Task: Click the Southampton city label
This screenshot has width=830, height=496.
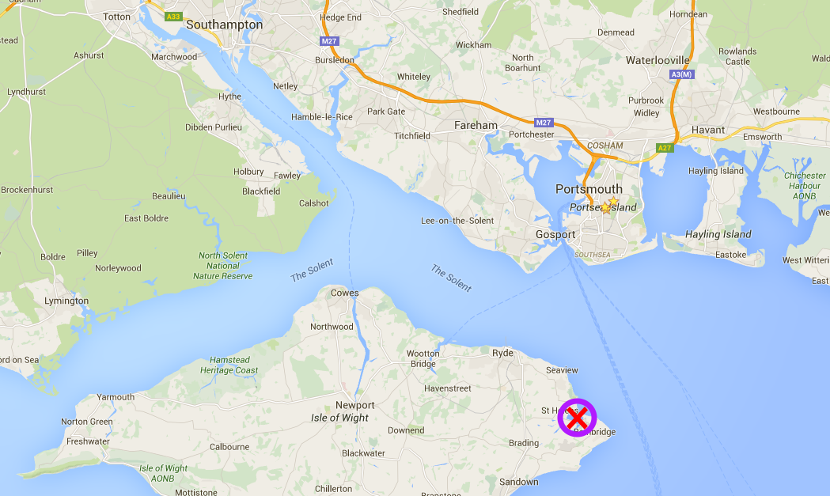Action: (224, 25)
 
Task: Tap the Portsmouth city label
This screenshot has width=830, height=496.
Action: (589, 189)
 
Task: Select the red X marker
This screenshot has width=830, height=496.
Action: (578, 417)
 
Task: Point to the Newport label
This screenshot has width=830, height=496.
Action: (354, 405)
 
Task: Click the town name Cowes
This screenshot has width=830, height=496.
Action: (344, 293)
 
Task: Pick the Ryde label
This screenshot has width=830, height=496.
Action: (502, 353)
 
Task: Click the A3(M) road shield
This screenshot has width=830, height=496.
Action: (681, 74)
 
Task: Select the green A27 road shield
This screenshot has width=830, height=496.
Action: (665, 147)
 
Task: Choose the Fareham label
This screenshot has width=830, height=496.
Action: (476, 125)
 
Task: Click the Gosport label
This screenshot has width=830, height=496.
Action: (555, 235)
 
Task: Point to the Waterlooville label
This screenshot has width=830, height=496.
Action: (658, 60)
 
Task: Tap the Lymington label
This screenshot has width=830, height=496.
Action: (66, 301)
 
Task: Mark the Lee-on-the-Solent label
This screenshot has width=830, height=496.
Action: (457, 221)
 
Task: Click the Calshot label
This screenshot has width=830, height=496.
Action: (313, 203)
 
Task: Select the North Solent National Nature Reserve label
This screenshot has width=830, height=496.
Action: (223, 266)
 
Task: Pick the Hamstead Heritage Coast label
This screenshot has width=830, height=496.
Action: (229, 365)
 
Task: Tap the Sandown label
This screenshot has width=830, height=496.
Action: (518, 482)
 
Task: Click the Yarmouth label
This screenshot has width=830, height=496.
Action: (116, 397)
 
